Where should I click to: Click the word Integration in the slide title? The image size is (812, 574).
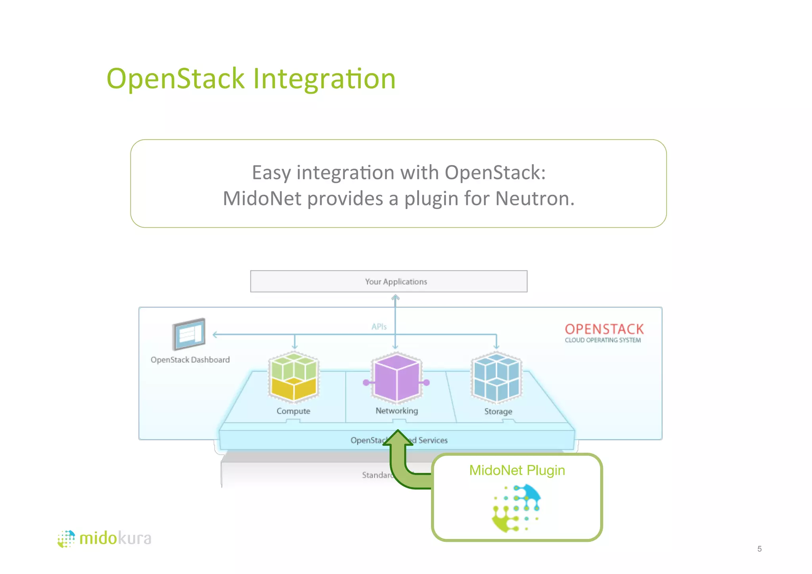coord(324,79)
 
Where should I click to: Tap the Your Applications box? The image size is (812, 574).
coord(389,281)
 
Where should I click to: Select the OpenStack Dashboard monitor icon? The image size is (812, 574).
coord(189,334)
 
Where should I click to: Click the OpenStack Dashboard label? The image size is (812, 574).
coord(190,360)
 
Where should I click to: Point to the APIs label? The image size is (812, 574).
coord(379,326)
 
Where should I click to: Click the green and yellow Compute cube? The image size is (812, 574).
coord(294,376)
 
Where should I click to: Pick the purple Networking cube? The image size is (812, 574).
coord(396,377)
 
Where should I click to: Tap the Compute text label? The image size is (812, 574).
coord(293,411)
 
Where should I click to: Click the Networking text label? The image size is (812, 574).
coord(396,411)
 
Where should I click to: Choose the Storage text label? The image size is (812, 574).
coord(498,411)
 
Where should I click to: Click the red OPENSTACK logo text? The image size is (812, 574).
coord(604,329)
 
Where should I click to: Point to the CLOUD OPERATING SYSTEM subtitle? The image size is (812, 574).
coord(603,340)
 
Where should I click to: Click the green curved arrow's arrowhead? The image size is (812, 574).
coord(398,438)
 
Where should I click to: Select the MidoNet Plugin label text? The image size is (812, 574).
coord(517,470)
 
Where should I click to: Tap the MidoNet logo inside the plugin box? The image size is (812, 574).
coord(516,508)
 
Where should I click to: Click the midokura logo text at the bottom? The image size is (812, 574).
coord(115,538)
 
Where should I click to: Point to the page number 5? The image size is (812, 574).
coord(759,549)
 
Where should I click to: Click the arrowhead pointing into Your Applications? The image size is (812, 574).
coord(395,297)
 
